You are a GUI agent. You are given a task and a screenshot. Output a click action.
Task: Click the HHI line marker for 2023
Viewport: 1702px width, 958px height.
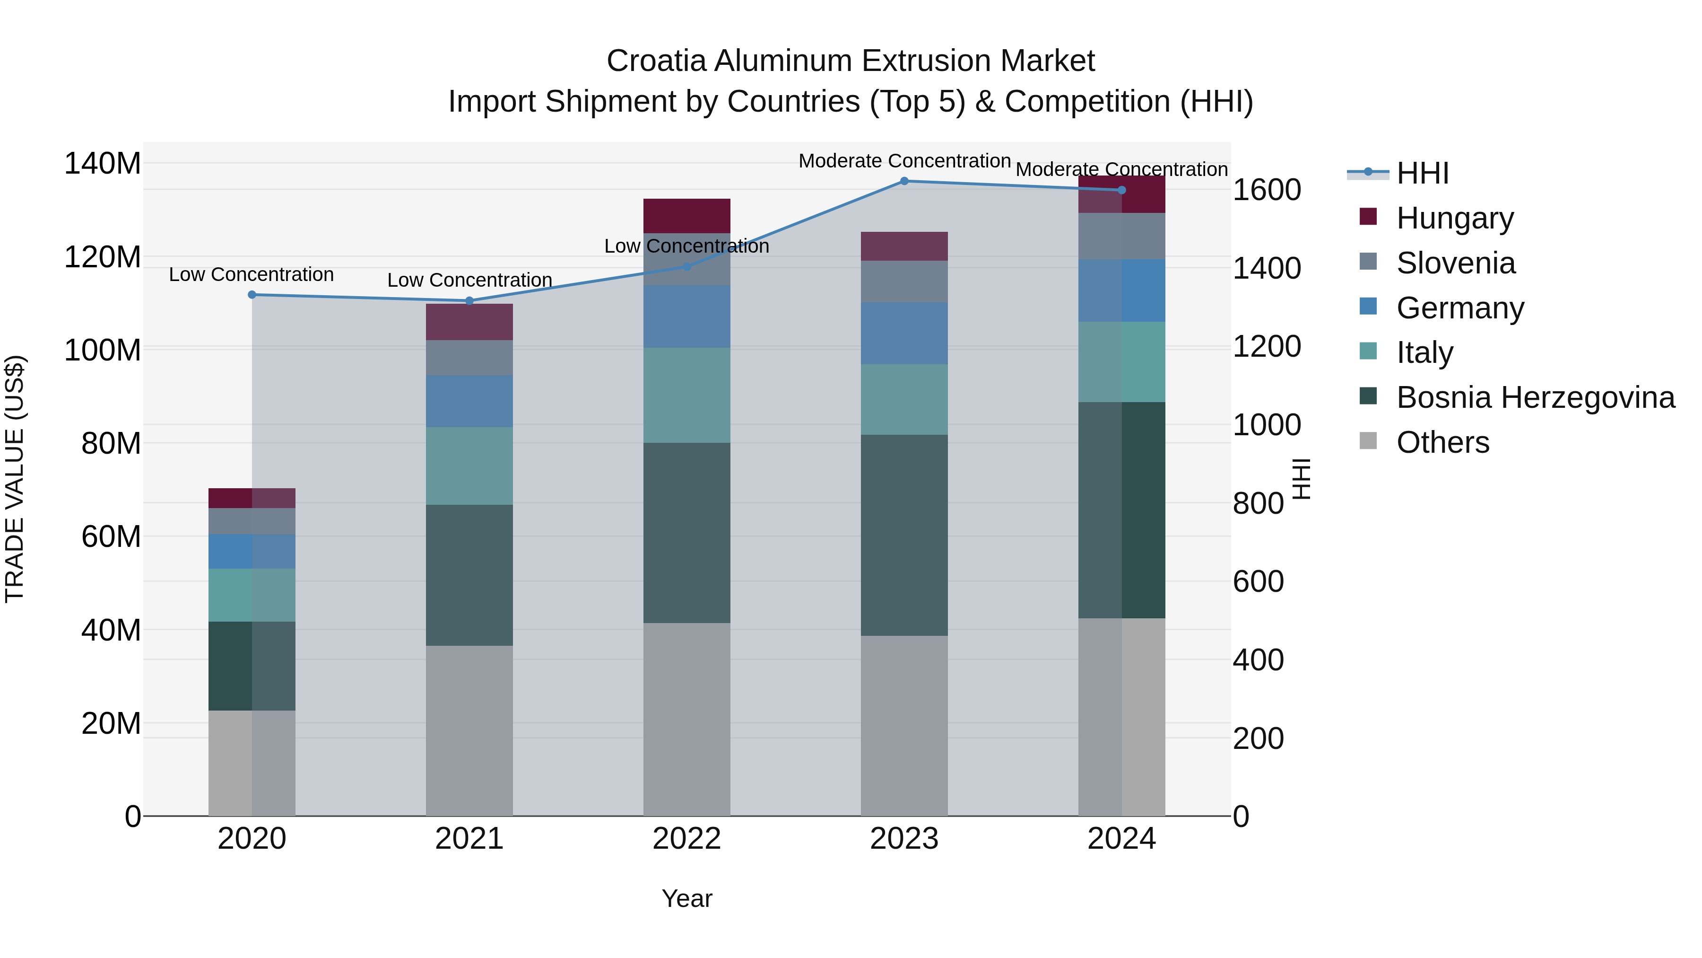point(904,181)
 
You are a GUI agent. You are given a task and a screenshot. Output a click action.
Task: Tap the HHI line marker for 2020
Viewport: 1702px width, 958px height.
point(252,294)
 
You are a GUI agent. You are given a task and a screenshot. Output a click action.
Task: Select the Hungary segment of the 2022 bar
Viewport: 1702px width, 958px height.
point(686,216)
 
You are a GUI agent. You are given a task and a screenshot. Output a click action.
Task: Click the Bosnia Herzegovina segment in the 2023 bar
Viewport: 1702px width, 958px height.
point(904,535)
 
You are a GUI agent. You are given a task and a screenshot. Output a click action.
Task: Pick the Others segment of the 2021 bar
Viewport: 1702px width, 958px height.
point(469,730)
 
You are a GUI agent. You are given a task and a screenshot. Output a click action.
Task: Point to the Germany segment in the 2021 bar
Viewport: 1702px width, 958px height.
point(469,401)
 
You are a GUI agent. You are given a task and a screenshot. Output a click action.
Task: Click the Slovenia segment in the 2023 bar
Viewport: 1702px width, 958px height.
point(904,281)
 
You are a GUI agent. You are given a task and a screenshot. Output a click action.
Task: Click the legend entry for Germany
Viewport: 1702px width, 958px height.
point(1459,308)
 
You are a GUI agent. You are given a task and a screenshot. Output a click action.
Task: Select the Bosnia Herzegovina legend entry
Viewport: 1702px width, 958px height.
point(1535,398)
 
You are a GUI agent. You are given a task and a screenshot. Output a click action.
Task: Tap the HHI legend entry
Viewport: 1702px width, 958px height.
point(1422,173)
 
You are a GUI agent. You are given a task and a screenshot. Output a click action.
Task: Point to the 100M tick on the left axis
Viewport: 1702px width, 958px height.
point(103,350)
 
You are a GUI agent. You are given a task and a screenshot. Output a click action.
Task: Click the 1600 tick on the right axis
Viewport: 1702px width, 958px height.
point(1267,190)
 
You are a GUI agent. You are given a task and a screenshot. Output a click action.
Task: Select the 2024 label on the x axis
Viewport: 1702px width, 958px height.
point(1121,839)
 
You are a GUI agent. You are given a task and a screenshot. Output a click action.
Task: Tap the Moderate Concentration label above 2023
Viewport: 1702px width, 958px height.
point(904,161)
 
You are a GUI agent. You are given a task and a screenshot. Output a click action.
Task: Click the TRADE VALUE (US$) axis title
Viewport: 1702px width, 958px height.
point(15,479)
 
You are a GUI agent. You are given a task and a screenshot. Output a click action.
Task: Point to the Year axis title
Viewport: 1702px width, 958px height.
point(686,898)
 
